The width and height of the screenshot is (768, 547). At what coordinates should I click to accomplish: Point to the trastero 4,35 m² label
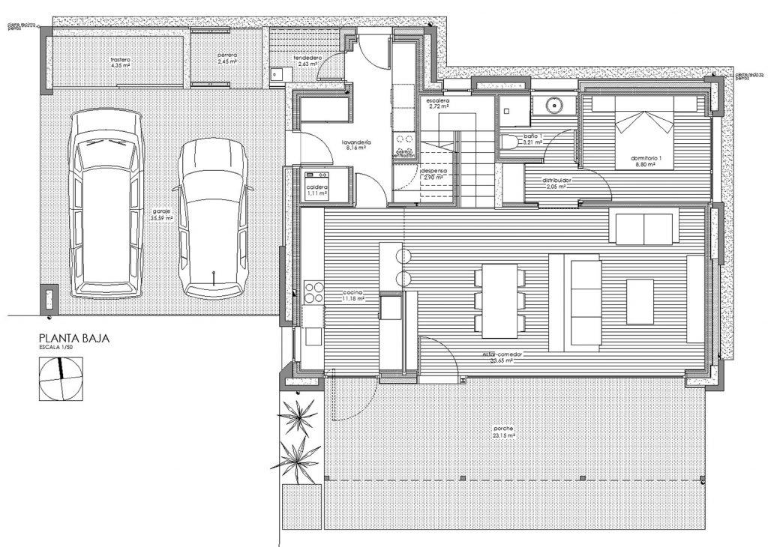(x=121, y=62)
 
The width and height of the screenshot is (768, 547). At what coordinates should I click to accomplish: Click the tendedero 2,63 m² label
(x=307, y=61)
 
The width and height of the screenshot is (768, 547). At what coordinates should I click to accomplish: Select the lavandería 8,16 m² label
(x=356, y=145)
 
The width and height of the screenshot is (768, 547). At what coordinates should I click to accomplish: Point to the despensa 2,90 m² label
(x=433, y=174)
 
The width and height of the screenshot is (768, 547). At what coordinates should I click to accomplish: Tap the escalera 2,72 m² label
(x=437, y=103)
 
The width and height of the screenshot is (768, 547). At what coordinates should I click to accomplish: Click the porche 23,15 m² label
(x=503, y=432)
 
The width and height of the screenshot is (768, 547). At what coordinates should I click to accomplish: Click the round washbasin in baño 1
(x=555, y=106)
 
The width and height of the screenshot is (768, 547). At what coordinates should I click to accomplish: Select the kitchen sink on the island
(x=390, y=308)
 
